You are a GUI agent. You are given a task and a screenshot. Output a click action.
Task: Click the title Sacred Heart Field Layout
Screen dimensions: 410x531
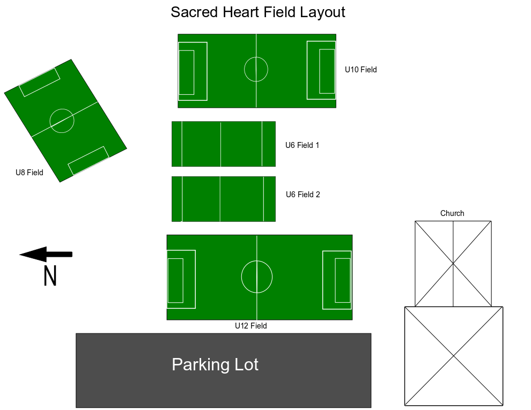click(257, 12)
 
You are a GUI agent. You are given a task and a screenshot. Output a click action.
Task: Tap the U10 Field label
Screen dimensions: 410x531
click(360, 70)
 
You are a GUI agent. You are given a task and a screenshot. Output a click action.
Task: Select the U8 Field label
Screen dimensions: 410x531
click(29, 173)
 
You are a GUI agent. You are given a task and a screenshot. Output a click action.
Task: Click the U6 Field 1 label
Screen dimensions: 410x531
click(302, 145)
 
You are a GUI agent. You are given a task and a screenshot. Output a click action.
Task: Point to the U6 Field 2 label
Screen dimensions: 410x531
click(303, 195)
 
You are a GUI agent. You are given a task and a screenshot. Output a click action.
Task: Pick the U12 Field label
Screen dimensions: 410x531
click(250, 326)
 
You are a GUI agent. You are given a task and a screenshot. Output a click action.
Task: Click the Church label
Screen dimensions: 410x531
click(452, 213)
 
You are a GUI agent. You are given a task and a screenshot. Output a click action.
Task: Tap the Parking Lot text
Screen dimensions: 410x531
click(215, 365)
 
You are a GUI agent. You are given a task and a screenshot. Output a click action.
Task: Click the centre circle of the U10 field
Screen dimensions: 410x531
click(256, 69)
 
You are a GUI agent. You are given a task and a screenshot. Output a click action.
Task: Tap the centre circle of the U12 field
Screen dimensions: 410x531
click(257, 277)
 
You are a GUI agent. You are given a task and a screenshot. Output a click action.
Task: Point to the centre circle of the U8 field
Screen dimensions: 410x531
click(62, 121)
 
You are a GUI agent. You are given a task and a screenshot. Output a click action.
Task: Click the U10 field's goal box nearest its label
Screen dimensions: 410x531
click(327, 71)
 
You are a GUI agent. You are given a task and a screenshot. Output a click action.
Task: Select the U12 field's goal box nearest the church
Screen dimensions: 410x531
click(342, 280)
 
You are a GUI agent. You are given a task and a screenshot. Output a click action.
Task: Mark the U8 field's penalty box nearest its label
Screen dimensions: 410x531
click(88, 160)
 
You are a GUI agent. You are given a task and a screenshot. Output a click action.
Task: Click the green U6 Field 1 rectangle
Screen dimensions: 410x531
click(223, 144)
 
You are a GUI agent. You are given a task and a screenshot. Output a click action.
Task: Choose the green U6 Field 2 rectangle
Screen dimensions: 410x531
click(223, 199)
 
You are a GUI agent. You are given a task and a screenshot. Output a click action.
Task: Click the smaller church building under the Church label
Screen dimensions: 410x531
click(453, 263)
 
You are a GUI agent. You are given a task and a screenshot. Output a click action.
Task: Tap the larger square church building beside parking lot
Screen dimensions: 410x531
click(454, 356)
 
